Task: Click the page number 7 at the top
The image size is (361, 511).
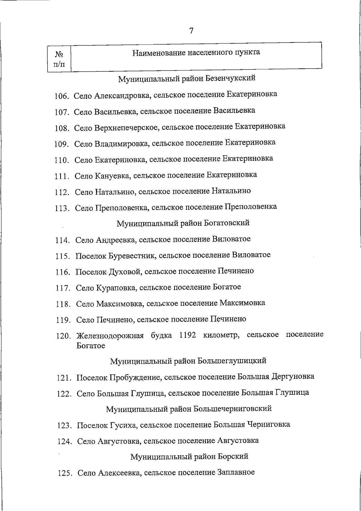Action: tap(191, 31)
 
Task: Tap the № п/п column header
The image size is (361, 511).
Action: tap(59, 59)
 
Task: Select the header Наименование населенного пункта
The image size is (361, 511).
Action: tap(196, 52)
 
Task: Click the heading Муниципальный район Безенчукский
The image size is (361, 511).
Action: tap(187, 79)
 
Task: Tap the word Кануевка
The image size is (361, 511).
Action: tap(113, 176)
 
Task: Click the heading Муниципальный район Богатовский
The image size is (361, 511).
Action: tap(183, 223)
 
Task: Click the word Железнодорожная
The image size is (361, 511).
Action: tap(110, 335)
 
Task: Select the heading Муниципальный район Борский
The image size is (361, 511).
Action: tap(189, 457)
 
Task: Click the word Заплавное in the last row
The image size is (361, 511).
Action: tap(236, 472)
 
